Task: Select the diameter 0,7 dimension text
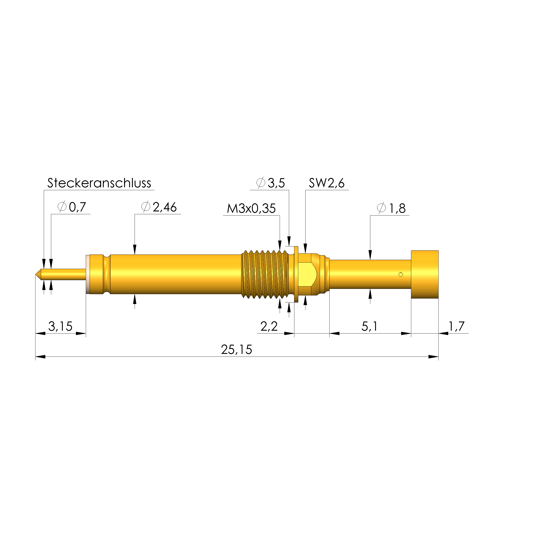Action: click(72, 207)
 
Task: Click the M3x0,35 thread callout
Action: click(251, 209)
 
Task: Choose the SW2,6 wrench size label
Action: click(327, 183)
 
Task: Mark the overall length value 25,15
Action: click(236, 350)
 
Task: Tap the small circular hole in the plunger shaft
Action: click(400, 274)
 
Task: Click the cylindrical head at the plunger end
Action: click(425, 274)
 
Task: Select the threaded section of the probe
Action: click(264, 274)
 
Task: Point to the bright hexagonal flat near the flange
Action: click(307, 274)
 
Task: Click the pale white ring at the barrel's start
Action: click(88, 274)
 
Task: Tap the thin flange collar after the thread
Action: click(296, 274)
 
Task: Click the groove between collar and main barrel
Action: click(107, 274)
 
